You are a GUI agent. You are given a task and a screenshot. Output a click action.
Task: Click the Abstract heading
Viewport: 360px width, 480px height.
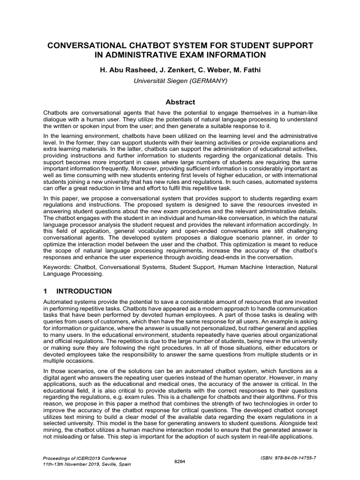[x=180, y=102]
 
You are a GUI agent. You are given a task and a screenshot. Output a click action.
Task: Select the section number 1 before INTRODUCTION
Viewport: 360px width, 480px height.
[x=45, y=291]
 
